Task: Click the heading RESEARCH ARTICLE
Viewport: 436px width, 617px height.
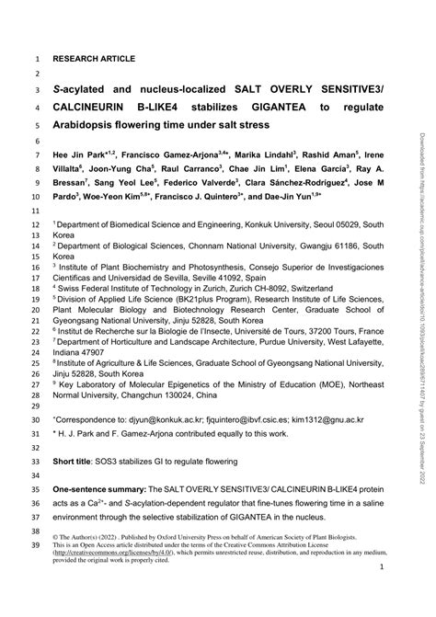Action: pyautogui.click(x=93, y=58)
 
